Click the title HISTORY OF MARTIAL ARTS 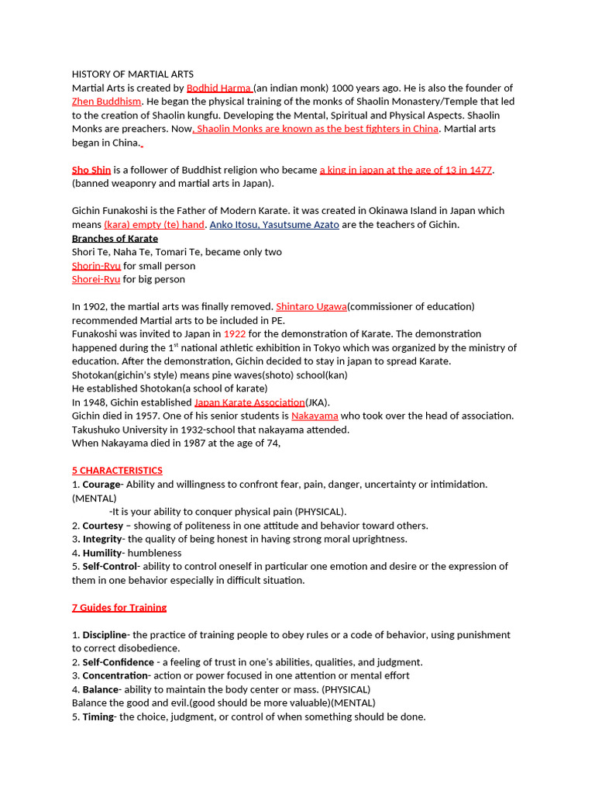132,74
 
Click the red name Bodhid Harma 218,88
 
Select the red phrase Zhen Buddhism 107,102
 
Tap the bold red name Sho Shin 91,170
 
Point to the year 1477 480,170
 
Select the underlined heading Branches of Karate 115,238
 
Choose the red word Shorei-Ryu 96,279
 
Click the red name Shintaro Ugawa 311,306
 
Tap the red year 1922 235,334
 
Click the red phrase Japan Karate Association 249,402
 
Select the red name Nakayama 315,416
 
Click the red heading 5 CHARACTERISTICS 117,471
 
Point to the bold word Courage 101,485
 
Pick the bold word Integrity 102,539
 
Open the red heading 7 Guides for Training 119,607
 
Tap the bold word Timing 98,716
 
